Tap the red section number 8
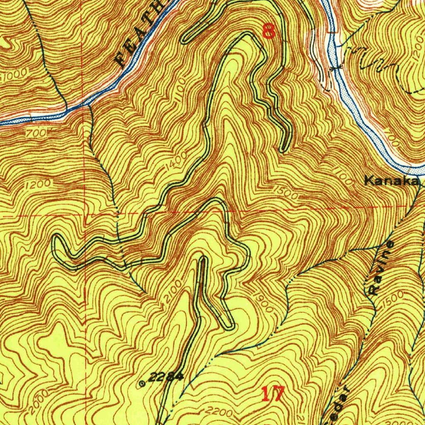(x=269, y=31)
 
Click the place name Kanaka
(x=391, y=181)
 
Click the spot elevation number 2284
(x=166, y=377)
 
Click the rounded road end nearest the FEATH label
(x=185, y=39)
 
